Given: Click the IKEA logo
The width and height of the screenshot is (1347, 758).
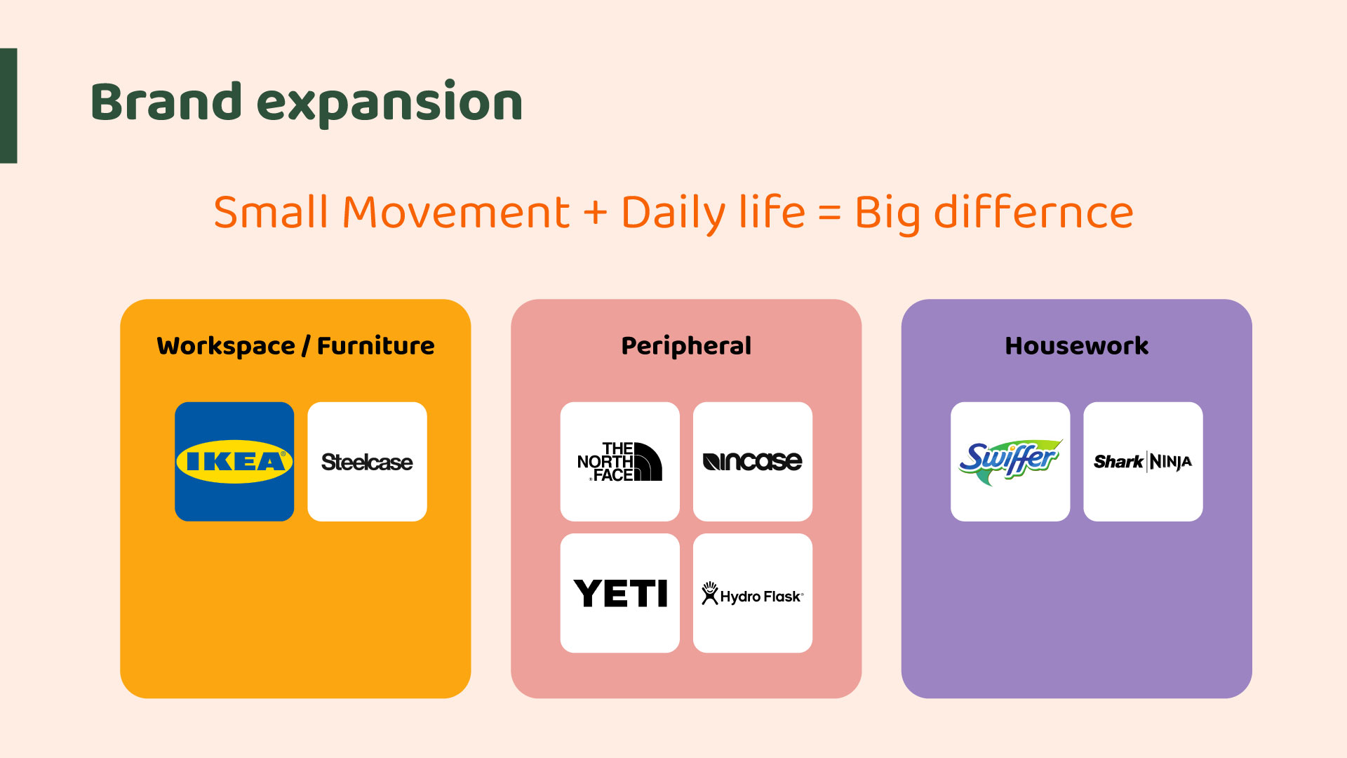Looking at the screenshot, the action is click(234, 461).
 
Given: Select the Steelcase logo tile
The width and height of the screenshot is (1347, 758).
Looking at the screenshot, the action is click(367, 461).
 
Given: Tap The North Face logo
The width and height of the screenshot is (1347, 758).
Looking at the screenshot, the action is click(619, 461).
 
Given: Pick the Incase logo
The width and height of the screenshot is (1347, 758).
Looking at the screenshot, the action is click(752, 461).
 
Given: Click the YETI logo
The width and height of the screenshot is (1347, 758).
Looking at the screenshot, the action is click(619, 593).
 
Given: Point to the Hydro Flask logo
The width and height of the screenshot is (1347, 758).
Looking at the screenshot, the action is click(752, 593).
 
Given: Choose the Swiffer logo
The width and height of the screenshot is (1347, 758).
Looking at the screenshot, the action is click(1010, 461).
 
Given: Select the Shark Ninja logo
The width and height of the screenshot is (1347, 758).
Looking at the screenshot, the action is click(1143, 461).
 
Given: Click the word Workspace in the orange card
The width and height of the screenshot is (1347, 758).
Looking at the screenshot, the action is click(226, 346).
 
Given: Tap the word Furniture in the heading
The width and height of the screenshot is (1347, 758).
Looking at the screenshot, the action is click(376, 345).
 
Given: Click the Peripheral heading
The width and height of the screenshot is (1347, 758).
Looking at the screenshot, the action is click(686, 346).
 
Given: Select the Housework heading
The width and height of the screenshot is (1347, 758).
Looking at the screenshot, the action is click(1077, 345).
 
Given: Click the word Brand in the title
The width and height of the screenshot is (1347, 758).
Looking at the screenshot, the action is click(166, 102).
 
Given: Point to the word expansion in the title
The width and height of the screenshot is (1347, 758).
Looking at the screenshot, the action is click(390, 104).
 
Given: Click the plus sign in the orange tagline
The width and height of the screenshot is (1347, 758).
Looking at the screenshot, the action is click(596, 213).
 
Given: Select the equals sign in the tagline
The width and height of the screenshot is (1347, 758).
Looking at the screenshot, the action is click(829, 213).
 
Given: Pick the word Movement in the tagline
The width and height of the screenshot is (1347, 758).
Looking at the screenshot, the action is click(456, 212).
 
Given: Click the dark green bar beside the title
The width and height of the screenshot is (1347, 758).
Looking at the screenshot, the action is click(8, 106).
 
